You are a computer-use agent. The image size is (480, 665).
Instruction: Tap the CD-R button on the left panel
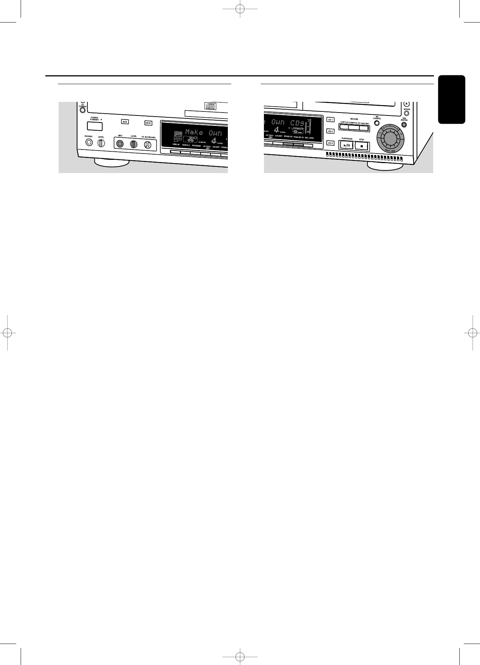(148, 123)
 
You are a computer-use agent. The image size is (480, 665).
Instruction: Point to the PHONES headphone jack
(88, 142)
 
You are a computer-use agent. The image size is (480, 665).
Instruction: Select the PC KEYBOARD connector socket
(147, 145)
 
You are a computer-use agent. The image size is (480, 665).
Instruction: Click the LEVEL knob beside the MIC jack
(133, 144)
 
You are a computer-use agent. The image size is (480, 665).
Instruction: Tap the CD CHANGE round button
(83, 110)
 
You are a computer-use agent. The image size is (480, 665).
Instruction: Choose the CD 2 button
(330, 131)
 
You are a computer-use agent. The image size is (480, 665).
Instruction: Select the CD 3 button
(330, 143)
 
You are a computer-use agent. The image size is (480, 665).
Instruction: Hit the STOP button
(362, 146)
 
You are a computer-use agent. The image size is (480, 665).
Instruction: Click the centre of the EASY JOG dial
(390, 141)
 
